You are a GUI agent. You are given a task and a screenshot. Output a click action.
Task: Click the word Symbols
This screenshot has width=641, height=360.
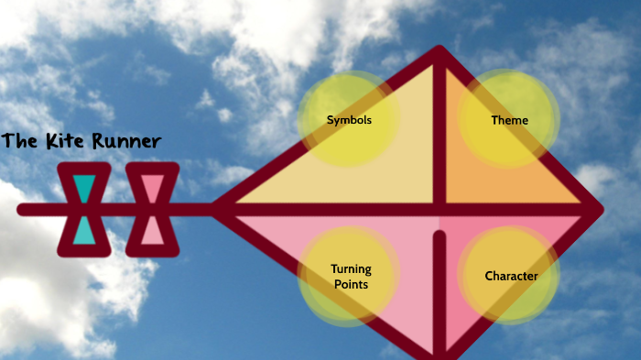click(x=350, y=120)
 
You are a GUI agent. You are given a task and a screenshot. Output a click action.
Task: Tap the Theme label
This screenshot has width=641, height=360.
click(x=509, y=120)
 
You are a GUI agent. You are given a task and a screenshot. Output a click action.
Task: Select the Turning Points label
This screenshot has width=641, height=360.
click(x=350, y=277)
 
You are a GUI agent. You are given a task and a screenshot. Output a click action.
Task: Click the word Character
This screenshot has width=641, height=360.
click(x=511, y=276)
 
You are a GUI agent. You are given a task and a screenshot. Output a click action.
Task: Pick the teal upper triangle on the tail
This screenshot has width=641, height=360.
click(x=84, y=189)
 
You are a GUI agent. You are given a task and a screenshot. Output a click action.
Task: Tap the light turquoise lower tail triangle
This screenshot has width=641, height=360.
click(x=84, y=232)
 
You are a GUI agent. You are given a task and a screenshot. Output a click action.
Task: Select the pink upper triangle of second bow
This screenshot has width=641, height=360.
click(x=152, y=189)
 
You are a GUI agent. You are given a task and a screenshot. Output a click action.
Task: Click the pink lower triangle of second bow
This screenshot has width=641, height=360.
click(x=152, y=232)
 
